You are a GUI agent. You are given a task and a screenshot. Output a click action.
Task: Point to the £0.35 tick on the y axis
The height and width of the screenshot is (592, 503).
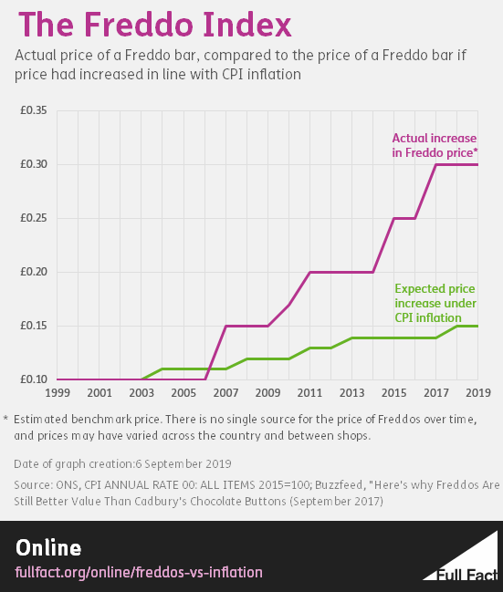(x=34, y=110)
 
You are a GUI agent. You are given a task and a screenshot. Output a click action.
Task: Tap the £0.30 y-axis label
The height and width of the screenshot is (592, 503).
(x=34, y=164)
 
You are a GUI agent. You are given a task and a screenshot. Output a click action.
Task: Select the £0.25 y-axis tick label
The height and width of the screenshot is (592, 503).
(x=34, y=218)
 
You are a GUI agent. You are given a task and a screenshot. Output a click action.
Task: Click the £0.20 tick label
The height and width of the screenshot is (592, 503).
(x=34, y=272)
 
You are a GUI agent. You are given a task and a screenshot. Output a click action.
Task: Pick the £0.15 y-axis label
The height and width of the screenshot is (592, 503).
(x=34, y=326)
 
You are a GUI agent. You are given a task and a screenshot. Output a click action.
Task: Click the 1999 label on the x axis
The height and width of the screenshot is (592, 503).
(x=58, y=392)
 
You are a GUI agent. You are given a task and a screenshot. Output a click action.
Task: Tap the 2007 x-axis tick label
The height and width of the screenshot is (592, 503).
(x=225, y=392)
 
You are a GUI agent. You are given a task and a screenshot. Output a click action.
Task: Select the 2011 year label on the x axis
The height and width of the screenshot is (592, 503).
(x=309, y=392)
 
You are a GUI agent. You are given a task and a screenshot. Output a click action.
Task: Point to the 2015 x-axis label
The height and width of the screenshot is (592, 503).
(x=393, y=392)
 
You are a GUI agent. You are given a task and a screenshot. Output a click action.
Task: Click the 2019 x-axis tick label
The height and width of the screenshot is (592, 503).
(x=477, y=392)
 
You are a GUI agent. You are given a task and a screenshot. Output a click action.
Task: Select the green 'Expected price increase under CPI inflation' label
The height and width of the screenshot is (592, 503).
(x=435, y=303)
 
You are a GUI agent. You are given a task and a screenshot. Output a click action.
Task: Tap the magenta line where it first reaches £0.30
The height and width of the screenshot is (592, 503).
(x=435, y=164)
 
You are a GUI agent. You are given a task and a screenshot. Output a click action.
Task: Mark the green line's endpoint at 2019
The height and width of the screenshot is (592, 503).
(x=477, y=326)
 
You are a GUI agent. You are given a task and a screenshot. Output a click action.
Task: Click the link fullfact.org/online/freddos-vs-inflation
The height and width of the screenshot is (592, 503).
(x=139, y=572)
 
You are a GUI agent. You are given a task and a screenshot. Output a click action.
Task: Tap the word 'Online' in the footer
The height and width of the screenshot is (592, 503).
(x=48, y=547)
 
